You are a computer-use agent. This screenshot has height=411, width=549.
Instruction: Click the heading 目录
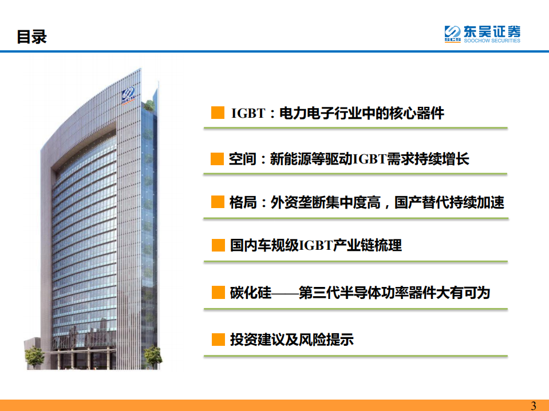31,37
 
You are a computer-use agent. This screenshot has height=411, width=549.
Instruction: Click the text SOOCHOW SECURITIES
492,41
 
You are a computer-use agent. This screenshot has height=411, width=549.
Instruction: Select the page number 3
534,405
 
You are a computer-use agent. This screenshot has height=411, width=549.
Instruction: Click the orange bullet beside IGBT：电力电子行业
218,113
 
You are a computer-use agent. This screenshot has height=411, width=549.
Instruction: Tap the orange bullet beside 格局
218,202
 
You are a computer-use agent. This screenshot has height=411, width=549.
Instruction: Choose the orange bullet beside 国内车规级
218,245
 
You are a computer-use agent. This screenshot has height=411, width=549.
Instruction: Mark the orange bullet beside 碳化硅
218,293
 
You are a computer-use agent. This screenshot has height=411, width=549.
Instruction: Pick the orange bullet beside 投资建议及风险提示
218,340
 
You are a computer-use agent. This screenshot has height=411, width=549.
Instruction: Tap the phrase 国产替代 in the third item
421,202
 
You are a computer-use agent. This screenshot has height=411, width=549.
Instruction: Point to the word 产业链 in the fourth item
355,245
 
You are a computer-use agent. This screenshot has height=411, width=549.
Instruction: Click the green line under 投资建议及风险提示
356,356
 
